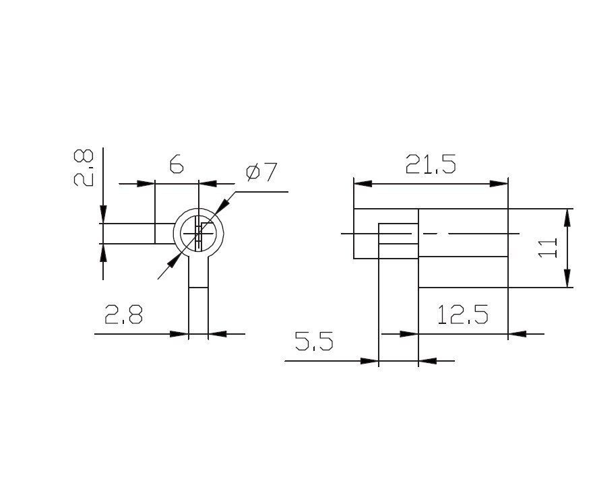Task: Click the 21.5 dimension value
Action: pos(431,164)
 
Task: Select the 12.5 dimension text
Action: pos(462,315)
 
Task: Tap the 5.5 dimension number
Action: pos(314,341)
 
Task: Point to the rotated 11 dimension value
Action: pos(548,248)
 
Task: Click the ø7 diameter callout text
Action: pos(262,172)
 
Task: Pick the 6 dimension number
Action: pos(177,164)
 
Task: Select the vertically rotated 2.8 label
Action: pos(83,167)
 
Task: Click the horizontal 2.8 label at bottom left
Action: pos(123,314)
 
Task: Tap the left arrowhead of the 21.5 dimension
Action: pos(363,184)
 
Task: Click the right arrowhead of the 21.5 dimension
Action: pos(499,184)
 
